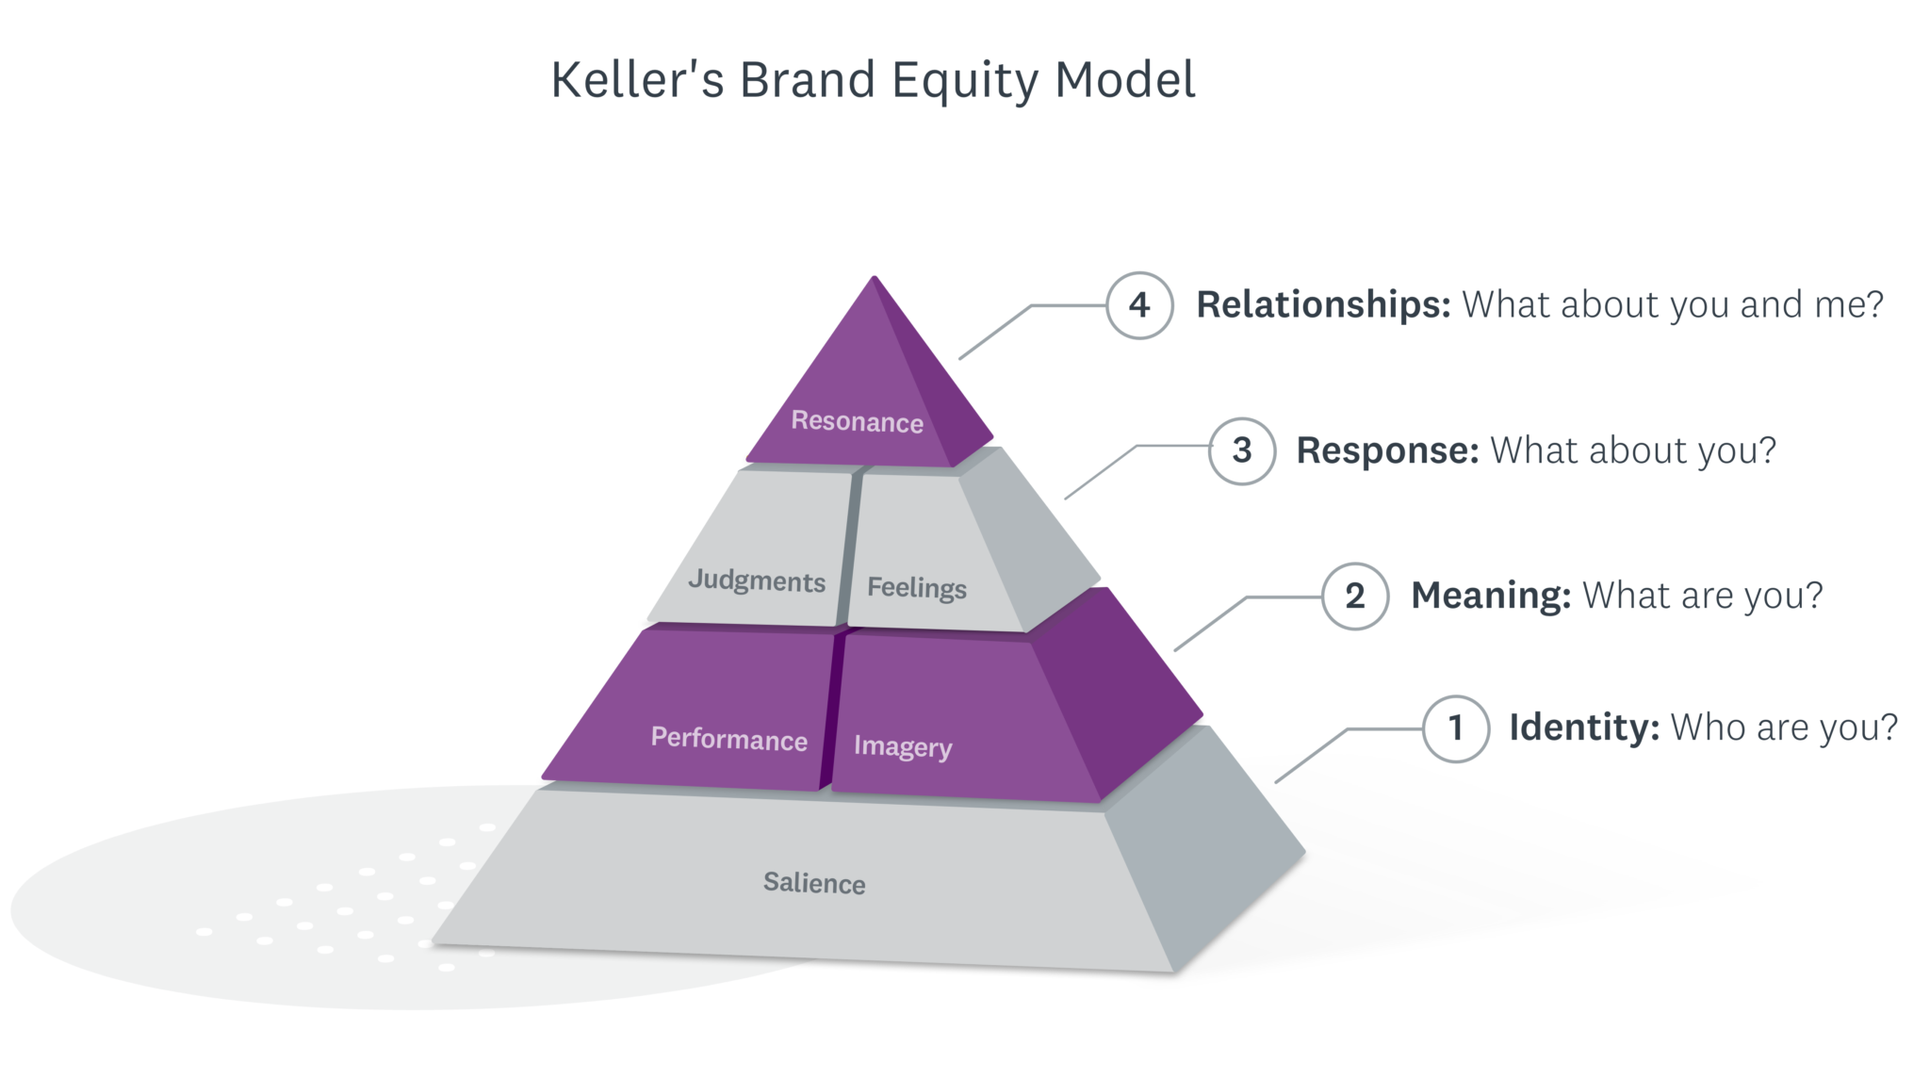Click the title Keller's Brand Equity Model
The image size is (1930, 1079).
pos(873,80)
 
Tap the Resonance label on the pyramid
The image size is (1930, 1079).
pos(857,421)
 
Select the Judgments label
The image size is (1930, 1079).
pos(757,580)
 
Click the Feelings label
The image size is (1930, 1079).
pos(916,587)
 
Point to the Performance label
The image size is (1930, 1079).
pos(728,738)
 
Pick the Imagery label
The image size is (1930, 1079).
pos(902,746)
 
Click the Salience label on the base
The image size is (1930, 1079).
pos(814,883)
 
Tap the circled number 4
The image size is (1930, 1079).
pos(1139,305)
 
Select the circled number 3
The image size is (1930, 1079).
pos(1242,450)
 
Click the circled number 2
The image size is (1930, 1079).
pos(1354,596)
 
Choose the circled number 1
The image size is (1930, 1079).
pos(1455,728)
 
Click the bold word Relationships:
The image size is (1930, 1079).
pos(1323,305)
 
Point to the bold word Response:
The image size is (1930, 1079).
pos(1387,450)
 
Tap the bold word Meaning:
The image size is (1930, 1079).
pos(1490,596)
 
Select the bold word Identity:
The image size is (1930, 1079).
pos(1583,728)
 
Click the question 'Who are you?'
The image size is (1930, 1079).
pos(1783,728)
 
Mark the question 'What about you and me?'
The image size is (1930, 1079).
pos(1672,305)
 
